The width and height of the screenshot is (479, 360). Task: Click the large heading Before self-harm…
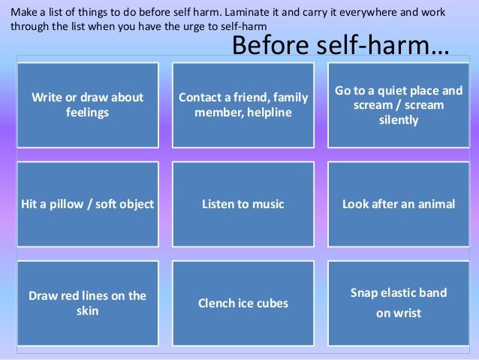[x=341, y=45]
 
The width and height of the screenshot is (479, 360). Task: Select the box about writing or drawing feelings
[x=88, y=105]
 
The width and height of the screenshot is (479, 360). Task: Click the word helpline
[x=269, y=113]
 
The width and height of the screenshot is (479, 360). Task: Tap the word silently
[x=399, y=120]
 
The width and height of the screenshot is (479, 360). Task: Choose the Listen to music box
[x=243, y=204]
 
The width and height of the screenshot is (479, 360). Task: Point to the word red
[x=69, y=296]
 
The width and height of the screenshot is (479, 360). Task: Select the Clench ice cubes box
[x=243, y=303]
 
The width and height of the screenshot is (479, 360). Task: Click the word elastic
[x=397, y=292]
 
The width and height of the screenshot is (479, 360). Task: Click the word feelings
[x=87, y=113]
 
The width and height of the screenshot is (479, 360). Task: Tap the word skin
[x=87, y=310]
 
